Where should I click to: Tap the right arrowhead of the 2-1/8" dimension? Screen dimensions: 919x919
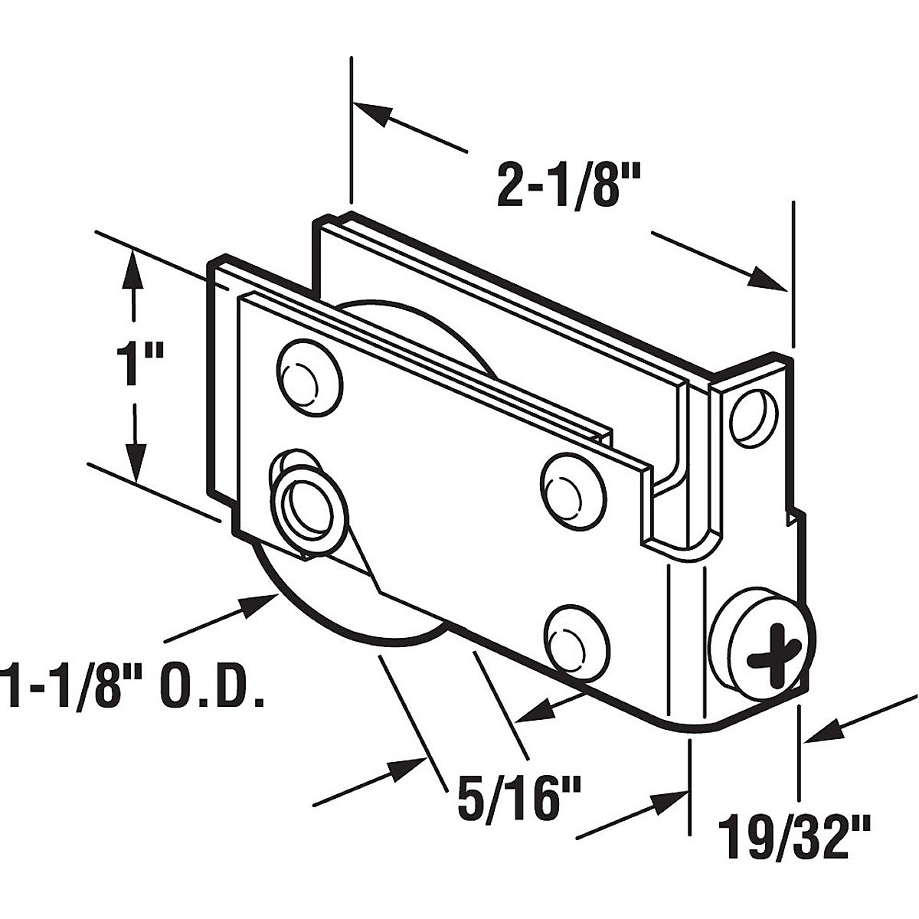click(x=769, y=280)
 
